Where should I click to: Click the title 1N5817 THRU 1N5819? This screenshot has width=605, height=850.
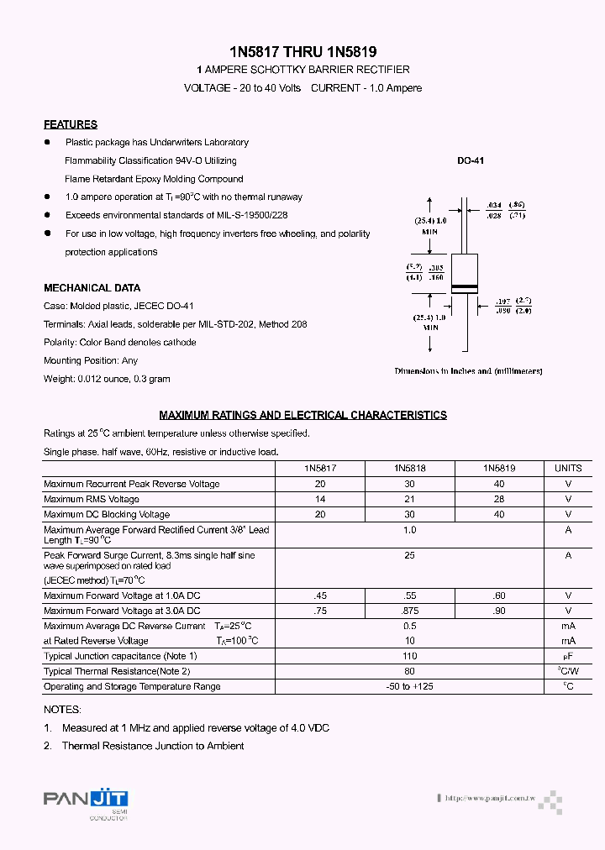tap(302, 51)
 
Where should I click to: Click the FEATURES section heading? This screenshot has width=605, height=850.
tap(71, 124)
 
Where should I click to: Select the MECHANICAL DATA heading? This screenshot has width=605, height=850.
tap(92, 288)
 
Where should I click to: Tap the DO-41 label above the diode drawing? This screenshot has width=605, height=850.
tap(471, 160)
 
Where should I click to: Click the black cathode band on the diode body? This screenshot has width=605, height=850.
tap(465, 288)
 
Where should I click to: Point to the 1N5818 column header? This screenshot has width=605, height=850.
tap(409, 468)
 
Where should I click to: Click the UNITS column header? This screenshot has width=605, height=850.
tap(568, 468)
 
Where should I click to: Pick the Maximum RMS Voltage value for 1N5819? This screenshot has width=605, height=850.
tap(499, 499)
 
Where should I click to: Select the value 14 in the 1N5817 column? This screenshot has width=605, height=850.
tap(319, 499)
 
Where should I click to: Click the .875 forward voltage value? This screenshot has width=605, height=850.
tap(409, 611)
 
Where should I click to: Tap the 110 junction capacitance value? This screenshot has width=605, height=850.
tap(409, 656)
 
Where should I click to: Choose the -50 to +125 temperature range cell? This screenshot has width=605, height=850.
tap(409, 686)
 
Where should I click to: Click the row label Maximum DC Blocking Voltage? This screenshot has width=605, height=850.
tap(107, 514)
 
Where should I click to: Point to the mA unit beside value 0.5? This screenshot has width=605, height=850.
tap(568, 626)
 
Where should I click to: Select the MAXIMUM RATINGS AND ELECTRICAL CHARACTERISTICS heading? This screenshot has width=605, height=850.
tap(302, 415)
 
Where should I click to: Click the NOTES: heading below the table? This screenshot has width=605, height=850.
tap(62, 710)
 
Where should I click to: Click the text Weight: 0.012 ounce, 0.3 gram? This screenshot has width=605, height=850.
tap(107, 379)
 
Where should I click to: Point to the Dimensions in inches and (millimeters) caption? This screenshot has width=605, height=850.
tap(468, 370)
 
